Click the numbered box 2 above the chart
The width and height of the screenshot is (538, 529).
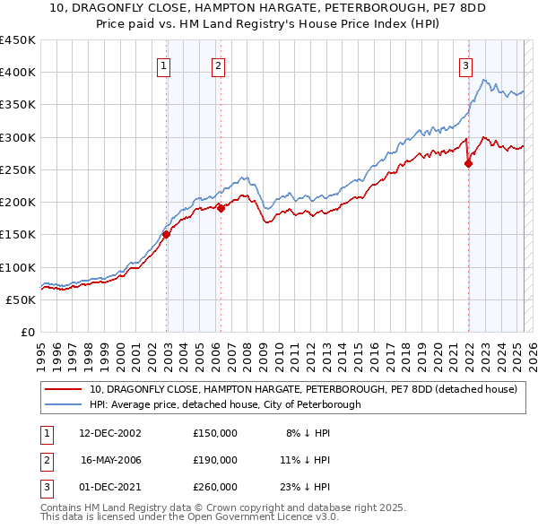218,65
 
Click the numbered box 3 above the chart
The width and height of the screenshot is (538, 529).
466,65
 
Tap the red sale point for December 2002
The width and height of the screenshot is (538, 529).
166,235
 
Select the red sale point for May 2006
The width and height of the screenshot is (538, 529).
221,209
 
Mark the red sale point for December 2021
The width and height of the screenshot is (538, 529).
468,163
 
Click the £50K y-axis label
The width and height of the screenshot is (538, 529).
20,299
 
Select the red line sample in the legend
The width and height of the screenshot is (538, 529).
62,390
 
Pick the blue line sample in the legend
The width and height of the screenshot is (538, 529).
62,404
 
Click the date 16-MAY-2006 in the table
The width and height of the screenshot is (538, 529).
111,460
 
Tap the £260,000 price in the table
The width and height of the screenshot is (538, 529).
215,487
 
